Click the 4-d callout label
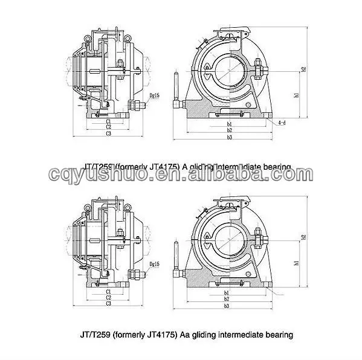point(282,123)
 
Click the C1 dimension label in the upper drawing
point(108,121)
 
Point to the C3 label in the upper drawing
point(108,133)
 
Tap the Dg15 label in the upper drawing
point(154,95)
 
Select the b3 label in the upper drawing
point(230,138)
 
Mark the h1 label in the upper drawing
point(296,95)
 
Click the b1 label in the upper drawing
point(230,124)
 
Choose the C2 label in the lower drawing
point(108,297)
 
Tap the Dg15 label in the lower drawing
point(154,264)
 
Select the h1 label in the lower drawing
point(296,263)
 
